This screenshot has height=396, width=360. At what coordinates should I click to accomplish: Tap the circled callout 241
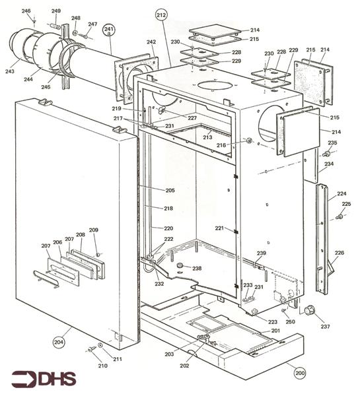109,30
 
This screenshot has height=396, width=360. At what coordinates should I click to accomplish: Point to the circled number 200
300,374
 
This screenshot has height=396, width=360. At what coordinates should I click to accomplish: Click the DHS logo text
44,379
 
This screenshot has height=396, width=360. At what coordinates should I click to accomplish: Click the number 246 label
26,11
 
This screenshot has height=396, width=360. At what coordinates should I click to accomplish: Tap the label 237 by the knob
324,326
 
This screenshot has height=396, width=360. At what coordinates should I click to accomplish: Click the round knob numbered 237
308,311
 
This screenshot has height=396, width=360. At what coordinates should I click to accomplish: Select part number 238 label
197,269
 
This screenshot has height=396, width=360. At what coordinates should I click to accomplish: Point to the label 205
170,190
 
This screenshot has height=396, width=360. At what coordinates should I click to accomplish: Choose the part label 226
339,253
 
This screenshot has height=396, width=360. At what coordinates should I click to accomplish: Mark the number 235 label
332,143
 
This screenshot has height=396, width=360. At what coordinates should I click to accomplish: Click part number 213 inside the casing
207,137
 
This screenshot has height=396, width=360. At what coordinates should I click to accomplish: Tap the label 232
159,284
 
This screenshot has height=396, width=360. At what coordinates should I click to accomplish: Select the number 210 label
102,366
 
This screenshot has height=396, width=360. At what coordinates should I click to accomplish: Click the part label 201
275,330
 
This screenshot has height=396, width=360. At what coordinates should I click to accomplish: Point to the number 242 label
151,42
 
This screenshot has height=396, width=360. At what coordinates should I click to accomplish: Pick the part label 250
290,321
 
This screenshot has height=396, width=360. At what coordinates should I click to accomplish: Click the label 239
262,253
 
